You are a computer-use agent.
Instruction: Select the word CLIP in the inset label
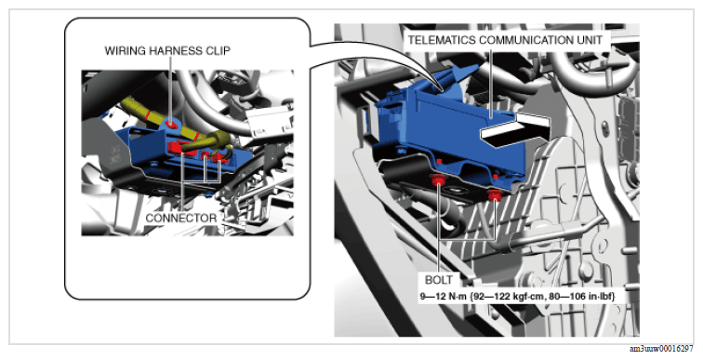click(219, 50)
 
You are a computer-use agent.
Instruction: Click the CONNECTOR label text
click(181, 219)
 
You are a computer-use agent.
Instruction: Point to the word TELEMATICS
click(442, 40)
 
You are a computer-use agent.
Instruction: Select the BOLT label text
click(439, 280)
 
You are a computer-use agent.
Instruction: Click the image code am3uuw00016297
click(661, 349)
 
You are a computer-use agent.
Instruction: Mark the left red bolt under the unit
click(437, 180)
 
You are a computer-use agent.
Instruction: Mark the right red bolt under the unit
click(495, 195)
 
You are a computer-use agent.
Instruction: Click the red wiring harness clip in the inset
click(170, 123)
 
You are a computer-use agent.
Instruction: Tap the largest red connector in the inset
click(179, 148)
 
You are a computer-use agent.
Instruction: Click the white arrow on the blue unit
click(515, 130)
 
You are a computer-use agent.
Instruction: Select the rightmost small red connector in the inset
click(219, 157)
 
